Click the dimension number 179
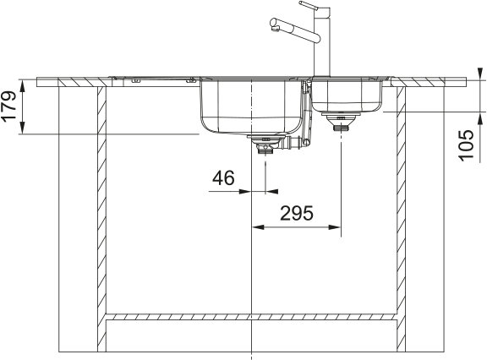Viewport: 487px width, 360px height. coord(8,106)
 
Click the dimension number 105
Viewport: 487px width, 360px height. coord(467,145)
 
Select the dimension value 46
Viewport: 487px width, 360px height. coord(223,178)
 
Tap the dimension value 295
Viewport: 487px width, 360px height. coord(297,214)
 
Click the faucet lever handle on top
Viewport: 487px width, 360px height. coord(310,6)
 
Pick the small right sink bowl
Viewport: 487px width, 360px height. coord(347,95)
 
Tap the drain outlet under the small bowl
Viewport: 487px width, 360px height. coord(341,122)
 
